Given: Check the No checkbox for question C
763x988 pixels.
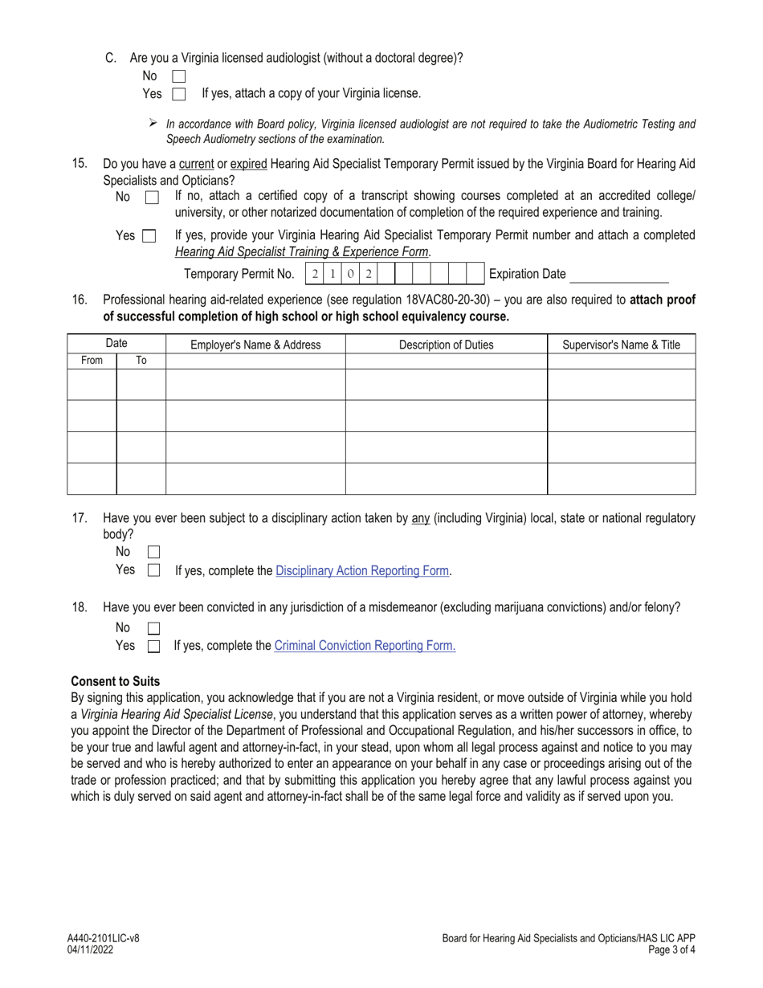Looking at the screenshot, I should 179,77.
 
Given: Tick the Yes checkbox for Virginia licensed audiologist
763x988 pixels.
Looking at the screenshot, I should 179,94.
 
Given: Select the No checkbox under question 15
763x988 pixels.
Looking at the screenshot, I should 152,198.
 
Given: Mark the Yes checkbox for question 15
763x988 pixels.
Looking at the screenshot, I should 149,236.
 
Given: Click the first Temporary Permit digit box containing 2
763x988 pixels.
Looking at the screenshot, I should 315,274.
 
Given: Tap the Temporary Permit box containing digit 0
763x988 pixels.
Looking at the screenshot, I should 350,274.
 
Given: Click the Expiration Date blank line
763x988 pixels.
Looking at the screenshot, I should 619,276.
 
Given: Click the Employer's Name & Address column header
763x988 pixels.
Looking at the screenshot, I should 255,345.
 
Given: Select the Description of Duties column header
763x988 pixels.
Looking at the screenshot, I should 446,345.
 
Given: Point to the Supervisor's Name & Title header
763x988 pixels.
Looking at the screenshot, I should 621,345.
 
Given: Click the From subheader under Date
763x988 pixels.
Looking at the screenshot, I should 92,361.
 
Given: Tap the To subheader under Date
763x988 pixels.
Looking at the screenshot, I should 141,361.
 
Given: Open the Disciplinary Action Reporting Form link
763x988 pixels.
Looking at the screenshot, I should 362,571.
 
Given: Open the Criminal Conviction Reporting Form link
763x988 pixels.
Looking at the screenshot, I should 365,645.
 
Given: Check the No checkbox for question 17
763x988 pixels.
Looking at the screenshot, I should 154,553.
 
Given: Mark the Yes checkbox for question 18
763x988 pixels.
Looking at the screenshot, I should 154,646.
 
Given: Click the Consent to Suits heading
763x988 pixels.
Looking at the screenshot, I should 116,681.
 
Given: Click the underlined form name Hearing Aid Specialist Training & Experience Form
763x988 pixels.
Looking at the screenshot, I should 302,251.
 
